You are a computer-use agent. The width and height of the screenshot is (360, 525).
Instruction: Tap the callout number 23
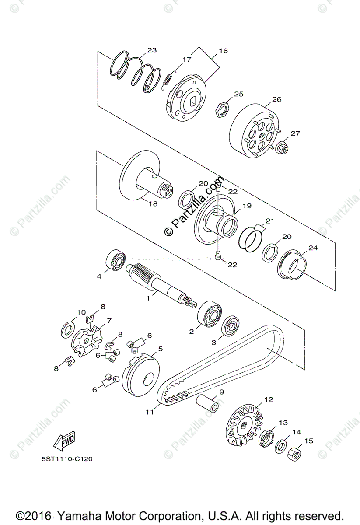[151, 50]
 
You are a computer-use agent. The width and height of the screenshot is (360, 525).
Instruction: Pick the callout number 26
[276, 99]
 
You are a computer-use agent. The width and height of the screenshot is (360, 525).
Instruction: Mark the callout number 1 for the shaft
[148, 297]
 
